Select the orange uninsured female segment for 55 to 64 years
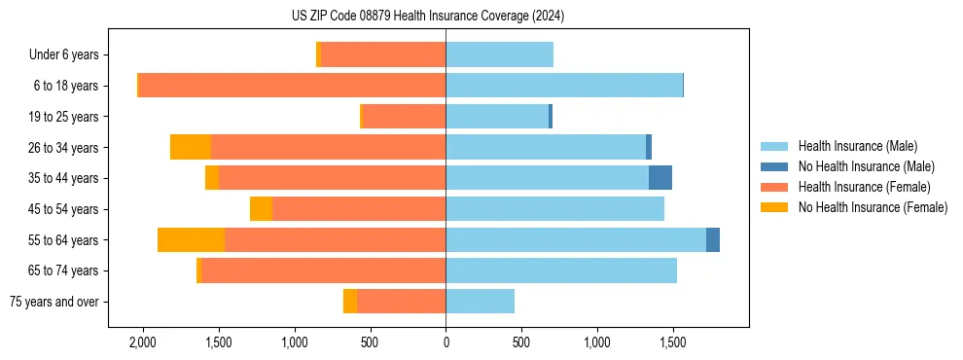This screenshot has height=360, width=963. tap(191, 239)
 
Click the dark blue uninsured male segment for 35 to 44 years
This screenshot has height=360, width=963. tap(660, 178)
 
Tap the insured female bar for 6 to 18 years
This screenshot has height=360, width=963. tap(292, 86)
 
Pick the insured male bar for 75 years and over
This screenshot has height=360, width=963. tap(480, 302)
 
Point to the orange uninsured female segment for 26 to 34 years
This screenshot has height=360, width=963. tap(191, 147)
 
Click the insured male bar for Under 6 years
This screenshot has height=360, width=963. tap(499, 54)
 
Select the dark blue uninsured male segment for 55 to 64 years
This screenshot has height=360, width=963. tap(713, 239)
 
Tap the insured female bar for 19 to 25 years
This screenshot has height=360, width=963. tap(404, 117)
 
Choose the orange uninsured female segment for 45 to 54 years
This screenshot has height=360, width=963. tap(261, 209)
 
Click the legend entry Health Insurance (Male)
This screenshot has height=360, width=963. tap(856, 146)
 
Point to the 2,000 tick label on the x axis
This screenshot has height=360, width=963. tap(143, 342)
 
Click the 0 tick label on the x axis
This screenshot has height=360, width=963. tap(446, 342)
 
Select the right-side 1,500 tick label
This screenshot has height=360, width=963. tap(672, 342)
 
